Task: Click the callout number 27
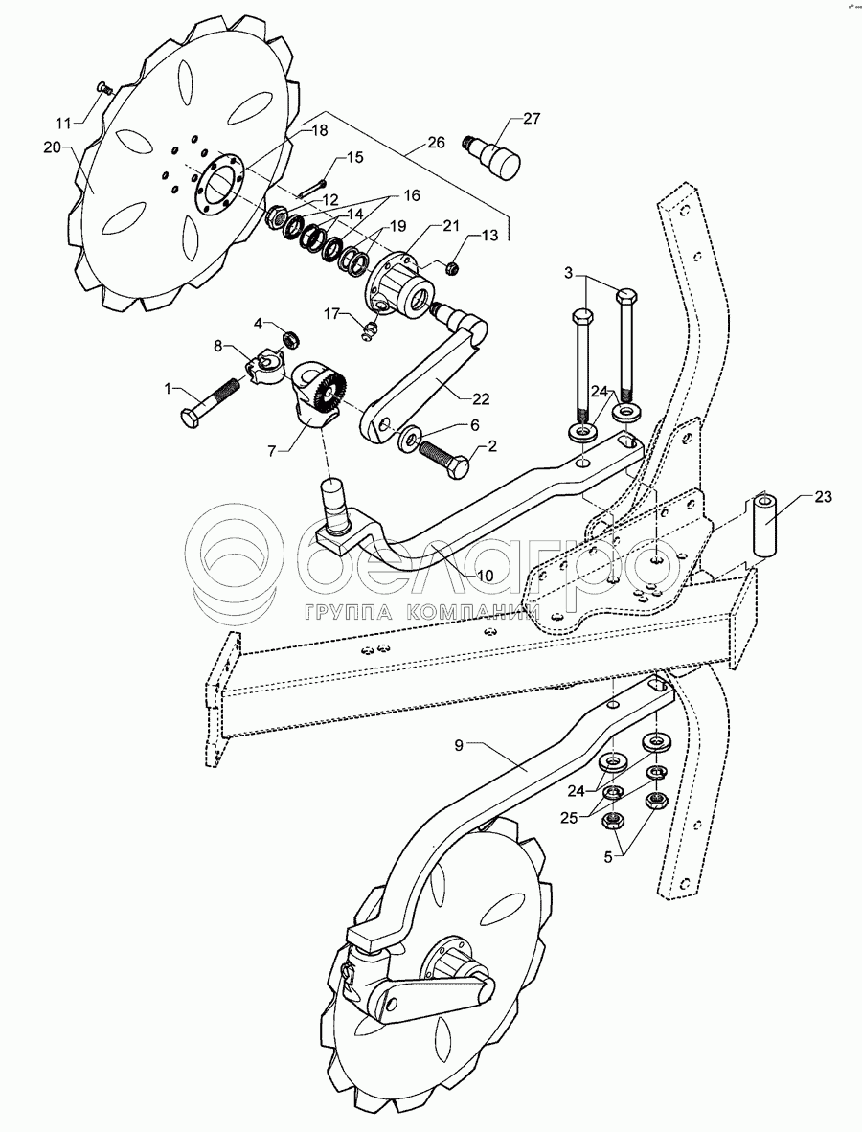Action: click(531, 119)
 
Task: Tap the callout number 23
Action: click(823, 497)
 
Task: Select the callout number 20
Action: click(52, 147)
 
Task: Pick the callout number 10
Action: click(486, 576)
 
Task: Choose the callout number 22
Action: click(481, 399)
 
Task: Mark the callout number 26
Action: click(436, 143)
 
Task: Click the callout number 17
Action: click(331, 314)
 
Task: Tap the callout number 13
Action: click(488, 236)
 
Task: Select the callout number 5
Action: click(607, 857)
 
